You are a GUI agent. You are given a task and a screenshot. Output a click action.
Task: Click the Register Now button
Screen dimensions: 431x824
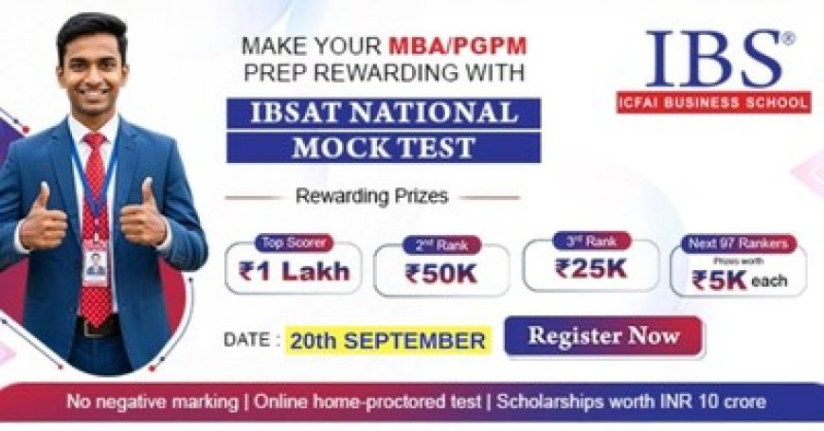coord(603,336)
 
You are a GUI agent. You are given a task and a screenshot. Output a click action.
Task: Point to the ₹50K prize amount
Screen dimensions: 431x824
coord(441,274)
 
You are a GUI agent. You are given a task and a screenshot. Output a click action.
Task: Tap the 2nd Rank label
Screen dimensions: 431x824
coord(441,244)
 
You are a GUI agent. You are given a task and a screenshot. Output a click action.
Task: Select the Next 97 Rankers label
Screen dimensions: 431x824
coord(739,243)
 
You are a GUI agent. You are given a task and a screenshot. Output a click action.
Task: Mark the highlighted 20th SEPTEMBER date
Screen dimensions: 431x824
coord(388,339)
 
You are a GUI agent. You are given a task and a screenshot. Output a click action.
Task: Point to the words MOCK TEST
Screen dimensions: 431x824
coord(383,147)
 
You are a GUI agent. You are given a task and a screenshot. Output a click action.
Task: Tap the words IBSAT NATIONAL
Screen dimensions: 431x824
coord(383,113)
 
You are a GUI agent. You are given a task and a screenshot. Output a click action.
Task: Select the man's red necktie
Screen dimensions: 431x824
coord(96,227)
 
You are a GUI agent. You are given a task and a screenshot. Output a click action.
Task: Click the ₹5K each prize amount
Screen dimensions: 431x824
coord(739,280)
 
